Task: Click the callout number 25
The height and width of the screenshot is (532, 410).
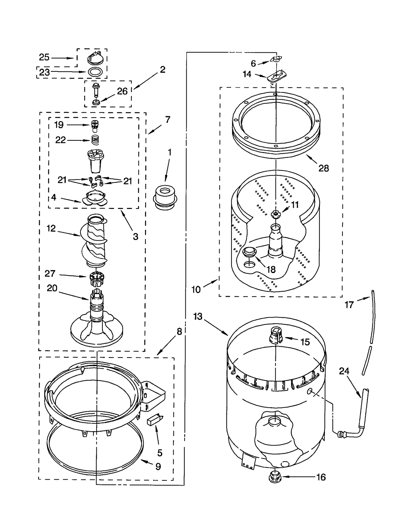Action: [x=44, y=57]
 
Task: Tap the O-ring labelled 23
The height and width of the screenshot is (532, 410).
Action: [x=95, y=72]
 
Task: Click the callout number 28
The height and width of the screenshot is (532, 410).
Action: [x=323, y=168]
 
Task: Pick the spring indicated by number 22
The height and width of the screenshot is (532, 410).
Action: [x=95, y=140]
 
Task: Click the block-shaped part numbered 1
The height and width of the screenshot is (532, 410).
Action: [x=165, y=198]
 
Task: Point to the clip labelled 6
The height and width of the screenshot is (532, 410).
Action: [x=276, y=59]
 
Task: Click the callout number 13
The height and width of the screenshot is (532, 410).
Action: [x=198, y=316]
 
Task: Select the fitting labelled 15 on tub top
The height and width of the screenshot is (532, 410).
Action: [x=275, y=335]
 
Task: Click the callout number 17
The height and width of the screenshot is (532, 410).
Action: [x=349, y=305]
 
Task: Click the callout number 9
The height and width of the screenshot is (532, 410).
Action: [x=158, y=466]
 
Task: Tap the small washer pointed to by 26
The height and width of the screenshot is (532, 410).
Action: [x=96, y=102]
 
